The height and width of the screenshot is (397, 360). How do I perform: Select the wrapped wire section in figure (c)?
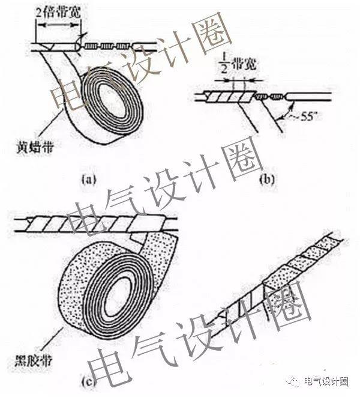[x=90, y=226]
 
